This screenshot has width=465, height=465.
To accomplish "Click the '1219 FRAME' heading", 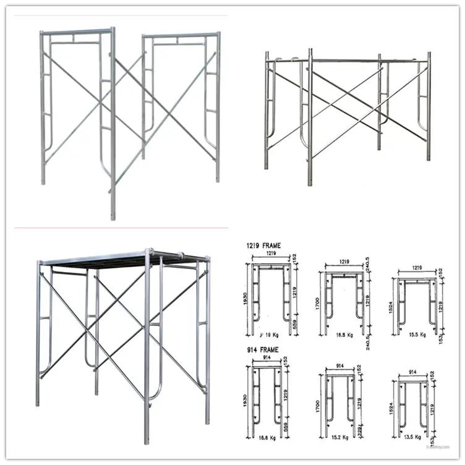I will (263, 245).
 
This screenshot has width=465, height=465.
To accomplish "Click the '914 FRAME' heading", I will (261, 350).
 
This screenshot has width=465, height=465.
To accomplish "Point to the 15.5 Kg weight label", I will (419, 335).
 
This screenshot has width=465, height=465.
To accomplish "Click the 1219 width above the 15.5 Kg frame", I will (415, 270).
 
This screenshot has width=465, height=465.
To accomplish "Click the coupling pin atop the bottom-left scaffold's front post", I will (149, 252).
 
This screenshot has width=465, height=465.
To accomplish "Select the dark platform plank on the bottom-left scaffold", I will (124, 260).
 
